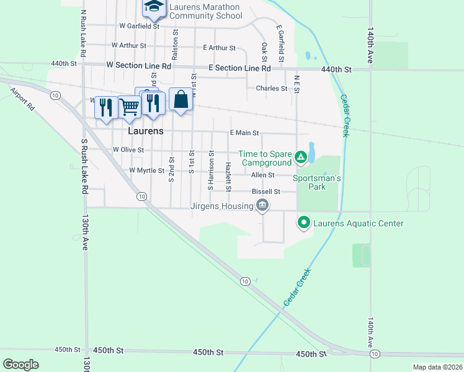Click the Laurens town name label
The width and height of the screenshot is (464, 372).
146,131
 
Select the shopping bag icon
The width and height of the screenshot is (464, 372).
180,99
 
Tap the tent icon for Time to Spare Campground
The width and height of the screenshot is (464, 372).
301,157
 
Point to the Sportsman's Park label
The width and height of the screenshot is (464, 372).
317,182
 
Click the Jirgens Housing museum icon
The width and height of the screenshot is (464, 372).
262,205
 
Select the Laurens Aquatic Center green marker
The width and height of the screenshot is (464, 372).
304,221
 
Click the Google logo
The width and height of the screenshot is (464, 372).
21,365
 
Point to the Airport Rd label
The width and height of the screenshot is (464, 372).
22,98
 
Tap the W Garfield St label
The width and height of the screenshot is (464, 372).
140,26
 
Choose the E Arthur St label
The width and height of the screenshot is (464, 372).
219,48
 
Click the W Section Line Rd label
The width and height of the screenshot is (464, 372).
138,65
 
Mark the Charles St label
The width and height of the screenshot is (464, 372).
271,89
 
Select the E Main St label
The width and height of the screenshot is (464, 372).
244,133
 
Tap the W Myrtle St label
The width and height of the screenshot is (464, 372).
146,170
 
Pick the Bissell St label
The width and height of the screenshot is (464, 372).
266,192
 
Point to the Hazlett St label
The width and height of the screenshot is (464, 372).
228,176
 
